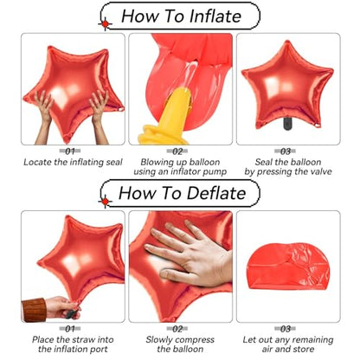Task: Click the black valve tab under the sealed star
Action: point(287,124)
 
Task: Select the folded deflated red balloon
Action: point(288,266)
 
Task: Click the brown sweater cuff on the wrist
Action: point(34,310)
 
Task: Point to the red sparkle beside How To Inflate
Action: point(106,24)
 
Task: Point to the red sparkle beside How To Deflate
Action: point(106,201)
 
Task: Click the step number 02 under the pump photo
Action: point(177,151)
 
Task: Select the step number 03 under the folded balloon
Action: point(286,329)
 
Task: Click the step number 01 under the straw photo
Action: point(70,329)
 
